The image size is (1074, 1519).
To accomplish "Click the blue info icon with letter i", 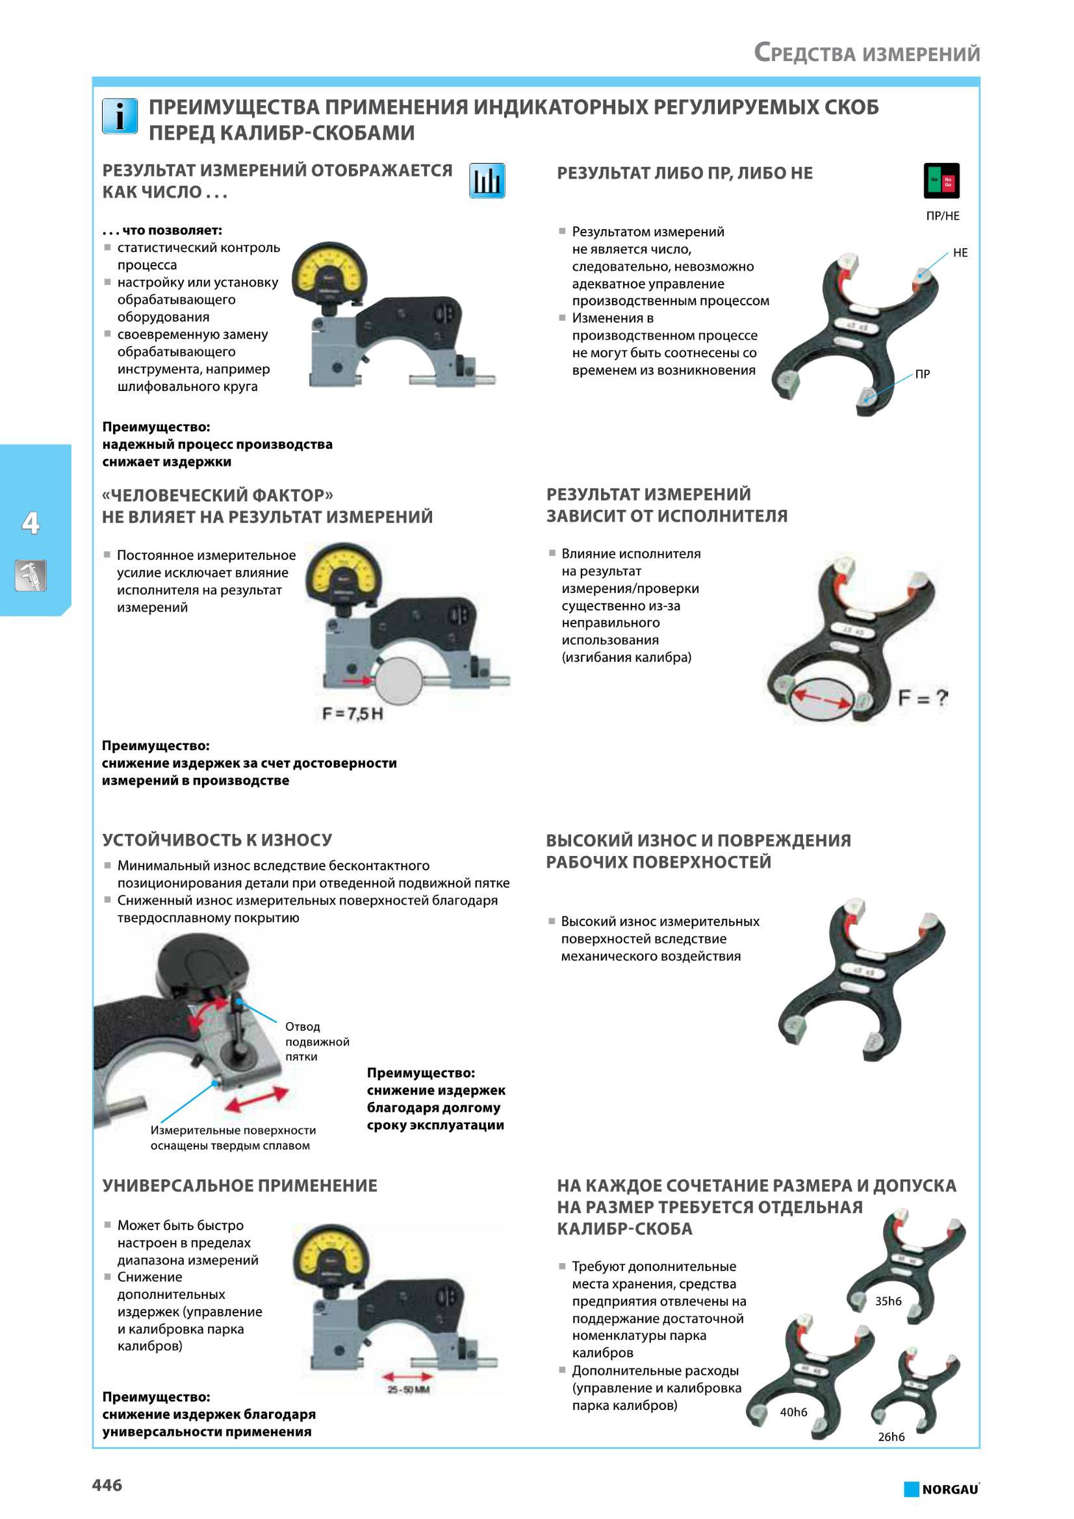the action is (120, 116).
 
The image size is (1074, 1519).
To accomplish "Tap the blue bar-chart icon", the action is (487, 181).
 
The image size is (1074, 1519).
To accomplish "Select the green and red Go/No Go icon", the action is (941, 181).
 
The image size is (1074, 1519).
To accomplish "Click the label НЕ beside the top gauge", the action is (960, 253).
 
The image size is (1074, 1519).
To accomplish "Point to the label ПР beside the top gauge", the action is (923, 374).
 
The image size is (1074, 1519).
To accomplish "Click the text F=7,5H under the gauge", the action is (353, 714).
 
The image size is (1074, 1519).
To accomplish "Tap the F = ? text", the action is (923, 697).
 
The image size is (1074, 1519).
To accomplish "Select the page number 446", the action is (107, 1485).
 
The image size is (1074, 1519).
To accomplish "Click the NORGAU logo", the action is (941, 1488).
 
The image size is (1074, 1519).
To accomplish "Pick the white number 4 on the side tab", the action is (31, 523).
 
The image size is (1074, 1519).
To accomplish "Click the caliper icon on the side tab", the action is (31, 575).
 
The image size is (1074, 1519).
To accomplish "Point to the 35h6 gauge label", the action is (888, 1301).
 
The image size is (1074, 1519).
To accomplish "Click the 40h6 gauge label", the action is (793, 1412).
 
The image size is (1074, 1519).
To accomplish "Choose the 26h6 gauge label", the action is (891, 1437).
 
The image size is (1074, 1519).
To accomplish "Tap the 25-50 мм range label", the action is (408, 1389).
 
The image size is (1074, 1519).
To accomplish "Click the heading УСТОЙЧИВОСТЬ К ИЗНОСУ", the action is (217, 840).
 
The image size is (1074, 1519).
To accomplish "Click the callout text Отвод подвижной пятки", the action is (317, 1041).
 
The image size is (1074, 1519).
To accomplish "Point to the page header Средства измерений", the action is (867, 53).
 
